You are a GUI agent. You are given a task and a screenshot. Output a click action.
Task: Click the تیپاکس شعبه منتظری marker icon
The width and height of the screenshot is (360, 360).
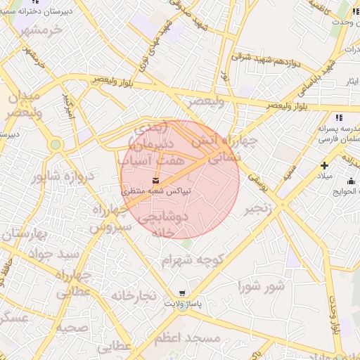pos(155,181)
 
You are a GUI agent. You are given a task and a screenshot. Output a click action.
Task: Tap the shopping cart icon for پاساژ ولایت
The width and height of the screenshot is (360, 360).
pos(183,293)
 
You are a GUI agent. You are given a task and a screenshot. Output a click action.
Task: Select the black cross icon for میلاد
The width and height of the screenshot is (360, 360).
pos(324,165)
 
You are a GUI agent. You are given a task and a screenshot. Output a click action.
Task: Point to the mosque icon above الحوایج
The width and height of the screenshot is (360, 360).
pos(351,179)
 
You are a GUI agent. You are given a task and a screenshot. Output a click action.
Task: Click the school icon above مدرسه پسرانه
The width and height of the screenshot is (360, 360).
pos(338,118)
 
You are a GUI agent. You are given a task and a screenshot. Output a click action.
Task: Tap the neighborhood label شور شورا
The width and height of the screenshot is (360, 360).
pos(262,286)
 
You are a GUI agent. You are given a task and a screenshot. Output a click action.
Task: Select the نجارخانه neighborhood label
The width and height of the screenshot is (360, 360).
pos(132,296)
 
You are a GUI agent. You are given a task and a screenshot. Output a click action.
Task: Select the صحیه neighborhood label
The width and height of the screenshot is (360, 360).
pos(73,328)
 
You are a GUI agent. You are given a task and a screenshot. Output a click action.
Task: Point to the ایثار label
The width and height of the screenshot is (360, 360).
pos(349,82)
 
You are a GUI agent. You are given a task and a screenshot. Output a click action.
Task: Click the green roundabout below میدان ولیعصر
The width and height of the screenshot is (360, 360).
pos(56,145)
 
